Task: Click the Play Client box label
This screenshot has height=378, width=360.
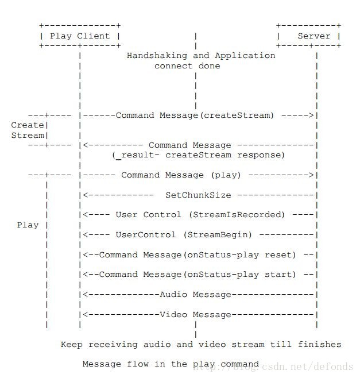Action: coord(80,36)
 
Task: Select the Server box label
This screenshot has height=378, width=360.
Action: coord(314,36)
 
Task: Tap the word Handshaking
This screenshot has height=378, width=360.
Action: coord(157,56)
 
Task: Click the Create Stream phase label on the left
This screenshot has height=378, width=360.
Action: coord(28,130)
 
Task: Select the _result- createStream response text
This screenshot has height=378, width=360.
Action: coord(198,155)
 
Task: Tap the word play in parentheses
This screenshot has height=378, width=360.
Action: coord(226,175)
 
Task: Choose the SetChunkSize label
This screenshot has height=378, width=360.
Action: coord(198,195)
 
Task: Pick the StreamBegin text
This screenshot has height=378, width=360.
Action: coord(218,234)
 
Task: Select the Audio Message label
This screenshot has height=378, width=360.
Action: coord(195,294)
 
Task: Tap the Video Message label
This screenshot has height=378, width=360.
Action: coord(195,314)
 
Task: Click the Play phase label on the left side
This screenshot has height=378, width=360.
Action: coord(28,225)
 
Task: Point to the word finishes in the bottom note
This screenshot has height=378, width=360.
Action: coord(319,344)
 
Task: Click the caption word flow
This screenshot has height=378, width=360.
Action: coord(138,364)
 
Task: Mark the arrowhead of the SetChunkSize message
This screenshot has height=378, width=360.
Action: coord(86,195)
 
